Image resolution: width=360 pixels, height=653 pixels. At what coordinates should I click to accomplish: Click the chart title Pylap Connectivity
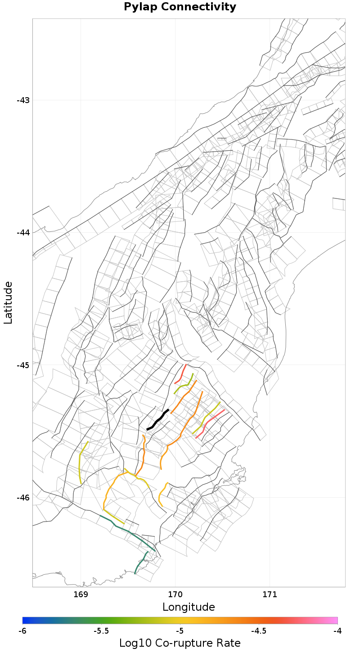click(x=180, y=7)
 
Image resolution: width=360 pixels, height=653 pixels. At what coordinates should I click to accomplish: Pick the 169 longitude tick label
click(x=81, y=594)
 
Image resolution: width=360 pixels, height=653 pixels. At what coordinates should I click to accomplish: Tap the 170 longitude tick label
click(x=175, y=594)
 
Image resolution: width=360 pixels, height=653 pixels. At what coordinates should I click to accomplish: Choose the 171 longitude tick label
click(x=270, y=594)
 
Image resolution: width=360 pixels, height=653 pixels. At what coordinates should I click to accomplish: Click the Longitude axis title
click(x=189, y=607)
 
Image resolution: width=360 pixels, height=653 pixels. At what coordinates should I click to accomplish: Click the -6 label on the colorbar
click(x=22, y=631)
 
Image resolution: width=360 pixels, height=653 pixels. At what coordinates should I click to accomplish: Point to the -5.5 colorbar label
click(x=101, y=631)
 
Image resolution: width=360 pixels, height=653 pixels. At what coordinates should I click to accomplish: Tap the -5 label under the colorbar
click(x=180, y=631)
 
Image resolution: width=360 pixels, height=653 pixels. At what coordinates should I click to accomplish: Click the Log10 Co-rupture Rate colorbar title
click(x=180, y=643)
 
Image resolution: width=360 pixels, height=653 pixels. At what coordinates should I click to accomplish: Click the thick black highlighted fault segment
click(x=157, y=420)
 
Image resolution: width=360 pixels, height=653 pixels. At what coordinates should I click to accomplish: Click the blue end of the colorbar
click(x=26, y=620)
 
